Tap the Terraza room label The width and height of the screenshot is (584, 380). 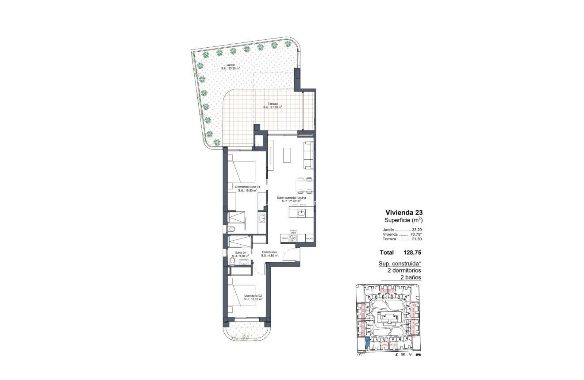(273, 105)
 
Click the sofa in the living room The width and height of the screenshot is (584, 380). (308, 155)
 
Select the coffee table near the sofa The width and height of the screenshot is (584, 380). (288, 155)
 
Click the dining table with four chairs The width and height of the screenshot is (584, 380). (304, 185)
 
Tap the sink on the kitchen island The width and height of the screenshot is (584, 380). (301, 213)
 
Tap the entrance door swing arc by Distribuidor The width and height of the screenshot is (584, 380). (292, 254)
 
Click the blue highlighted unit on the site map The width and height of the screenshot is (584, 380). (367, 342)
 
